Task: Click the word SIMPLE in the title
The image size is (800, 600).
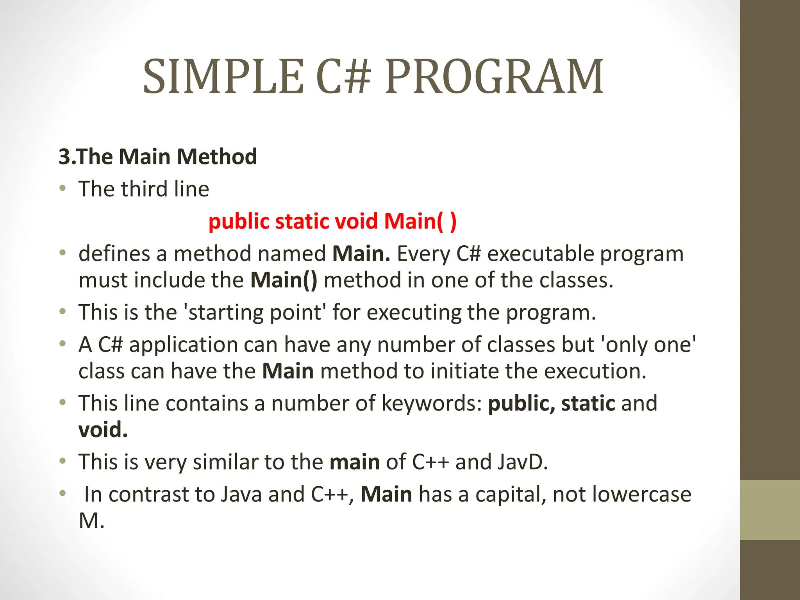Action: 223,77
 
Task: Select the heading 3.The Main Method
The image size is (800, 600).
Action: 158,157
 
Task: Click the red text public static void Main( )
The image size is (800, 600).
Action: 332,221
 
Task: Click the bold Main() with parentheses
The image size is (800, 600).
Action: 284,280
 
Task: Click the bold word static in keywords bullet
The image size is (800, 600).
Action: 588,403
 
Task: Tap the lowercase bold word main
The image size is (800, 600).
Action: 355,462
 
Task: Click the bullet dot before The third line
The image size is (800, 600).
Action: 62,189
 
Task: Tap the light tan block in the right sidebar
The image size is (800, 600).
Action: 770,510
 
